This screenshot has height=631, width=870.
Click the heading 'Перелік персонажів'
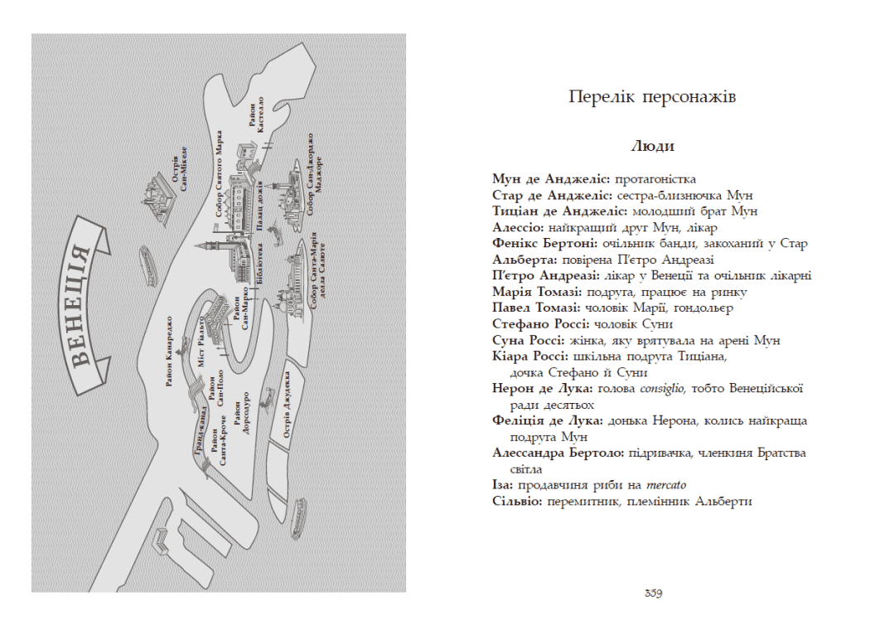653,97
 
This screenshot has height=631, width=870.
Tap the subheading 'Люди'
653,147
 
